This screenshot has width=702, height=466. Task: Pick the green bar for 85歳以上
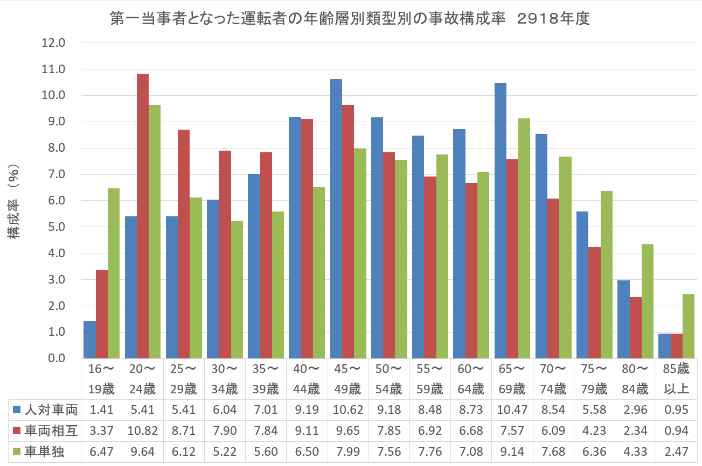(x=673, y=326)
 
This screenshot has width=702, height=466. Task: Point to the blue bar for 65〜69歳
(x=501, y=221)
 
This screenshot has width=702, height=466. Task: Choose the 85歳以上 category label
(x=676, y=379)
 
